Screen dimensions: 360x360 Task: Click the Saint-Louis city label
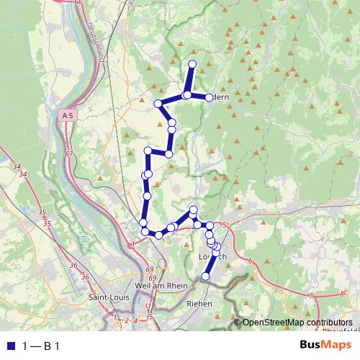109,297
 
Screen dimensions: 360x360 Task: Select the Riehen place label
200,304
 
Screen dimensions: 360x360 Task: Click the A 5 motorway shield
68,115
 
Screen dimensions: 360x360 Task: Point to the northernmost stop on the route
192,65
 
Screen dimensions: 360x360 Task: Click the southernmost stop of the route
205,276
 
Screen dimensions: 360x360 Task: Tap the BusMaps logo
320,344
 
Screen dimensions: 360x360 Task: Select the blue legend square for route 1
9,346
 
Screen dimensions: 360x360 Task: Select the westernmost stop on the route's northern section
158,104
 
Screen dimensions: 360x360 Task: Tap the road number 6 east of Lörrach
250,260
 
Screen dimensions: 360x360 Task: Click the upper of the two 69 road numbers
150,269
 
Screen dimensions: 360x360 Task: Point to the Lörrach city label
212,257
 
